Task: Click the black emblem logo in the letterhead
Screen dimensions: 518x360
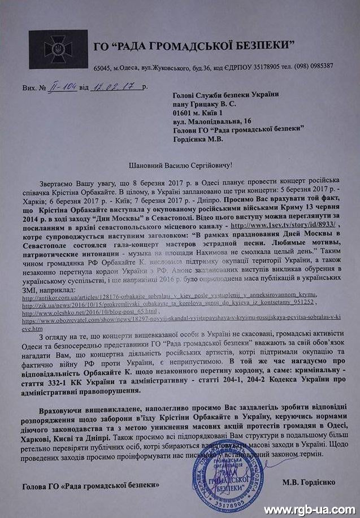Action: coord(58,49)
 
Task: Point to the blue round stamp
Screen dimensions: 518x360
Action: coord(228,472)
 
